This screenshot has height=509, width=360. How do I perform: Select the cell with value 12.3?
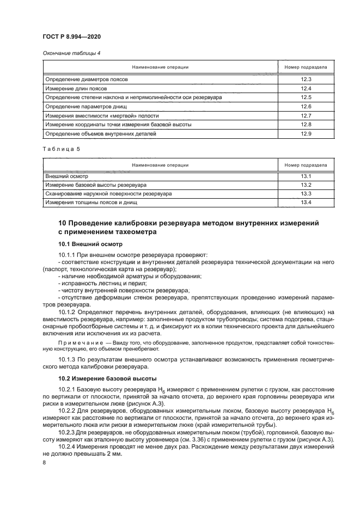(x=306, y=79)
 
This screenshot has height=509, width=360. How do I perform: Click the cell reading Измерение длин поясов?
(x=76, y=88)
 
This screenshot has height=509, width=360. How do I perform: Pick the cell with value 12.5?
(x=306, y=97)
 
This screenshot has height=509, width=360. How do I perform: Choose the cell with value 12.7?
(x=306, y=115)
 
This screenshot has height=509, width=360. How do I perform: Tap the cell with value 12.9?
(x=306, y=134)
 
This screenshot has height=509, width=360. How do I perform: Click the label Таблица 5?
(x=61, y=150)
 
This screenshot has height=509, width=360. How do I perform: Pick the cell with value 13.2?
(x=306, y=185)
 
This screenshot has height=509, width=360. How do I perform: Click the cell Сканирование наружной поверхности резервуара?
(x=108, y=193)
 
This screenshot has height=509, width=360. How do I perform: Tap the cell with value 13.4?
(x=306, y=203)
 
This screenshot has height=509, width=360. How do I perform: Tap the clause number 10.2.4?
(x=68, y=445)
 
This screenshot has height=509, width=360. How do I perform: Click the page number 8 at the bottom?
(x=44, y=462)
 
